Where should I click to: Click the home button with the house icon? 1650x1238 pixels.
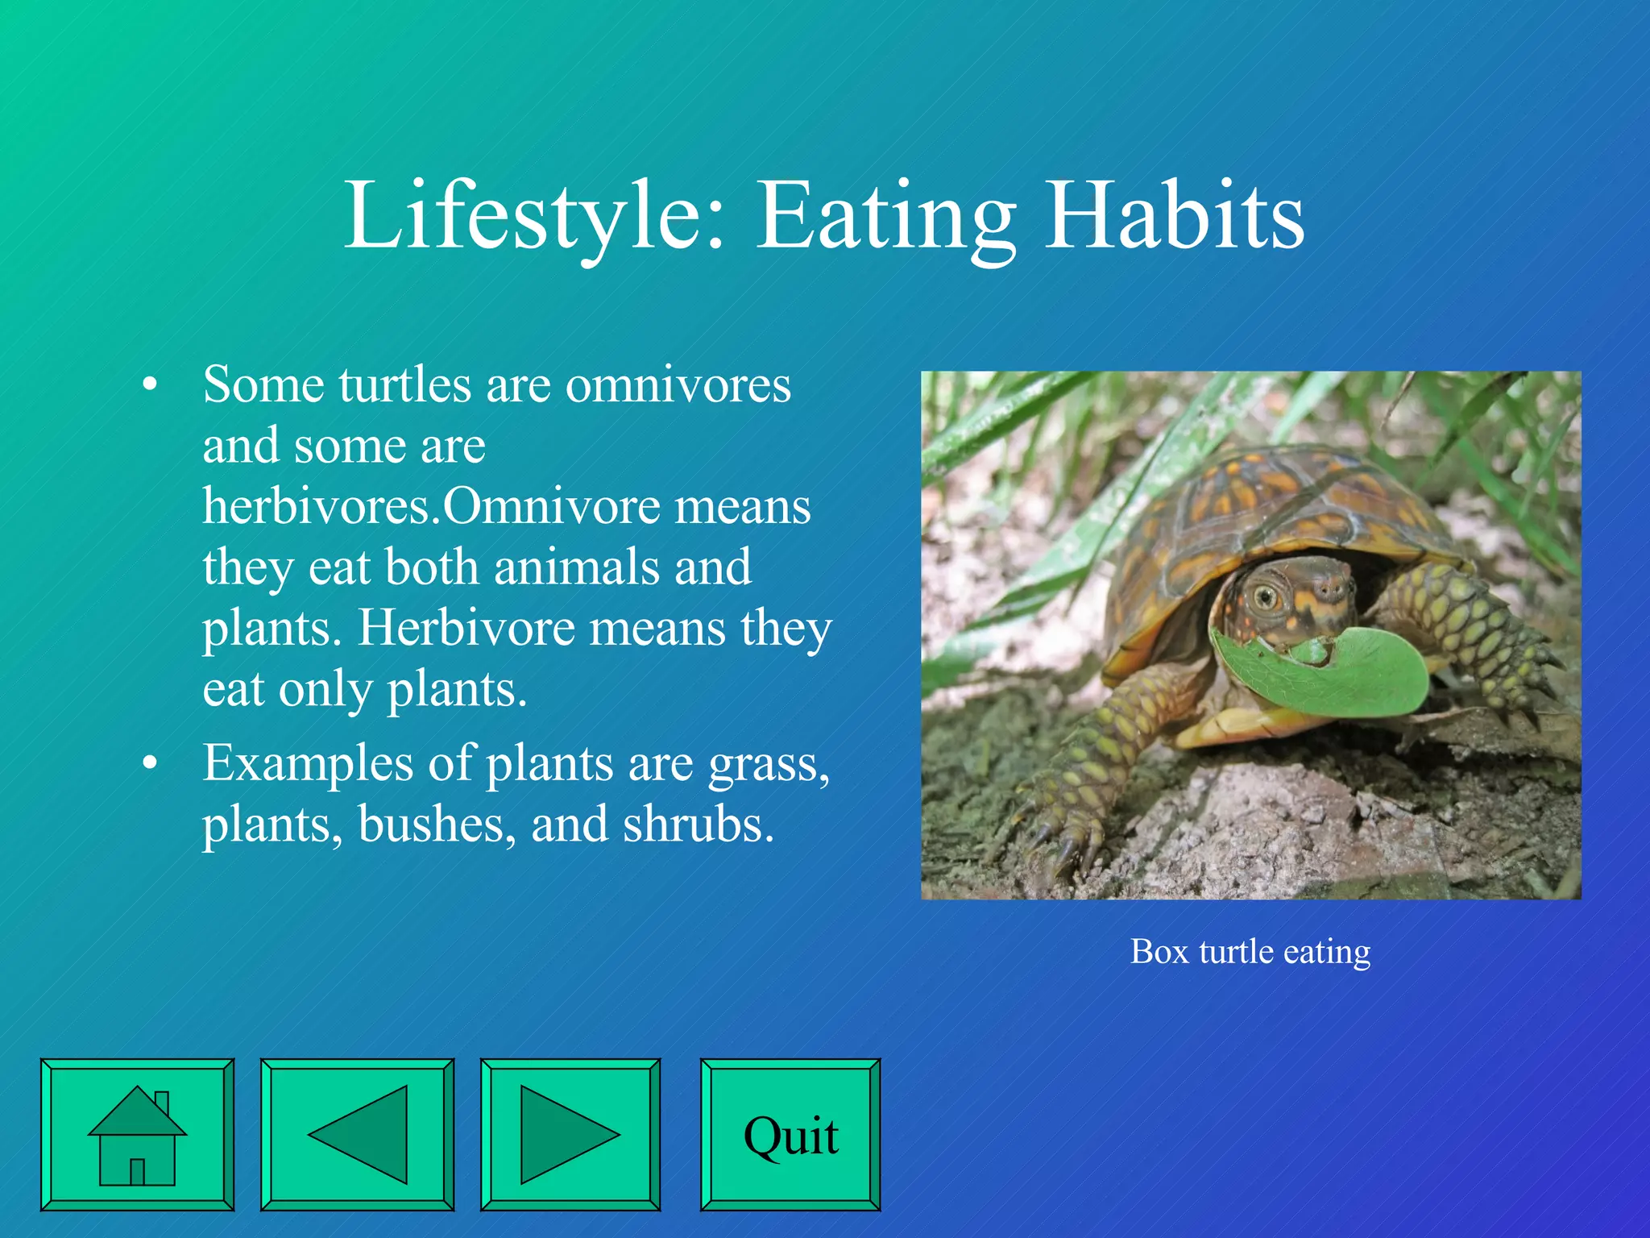(x=137, y=1134)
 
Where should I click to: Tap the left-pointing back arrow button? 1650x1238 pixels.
(x=357, y=1134)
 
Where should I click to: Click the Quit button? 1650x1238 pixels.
(x=790, y=1134)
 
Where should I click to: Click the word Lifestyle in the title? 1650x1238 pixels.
(x=536, y=216)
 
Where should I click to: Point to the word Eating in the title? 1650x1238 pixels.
(x=886, y=216)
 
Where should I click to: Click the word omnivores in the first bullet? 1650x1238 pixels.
(x=678, y=384)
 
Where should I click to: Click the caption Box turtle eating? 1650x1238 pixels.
(x=1250, y=952)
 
